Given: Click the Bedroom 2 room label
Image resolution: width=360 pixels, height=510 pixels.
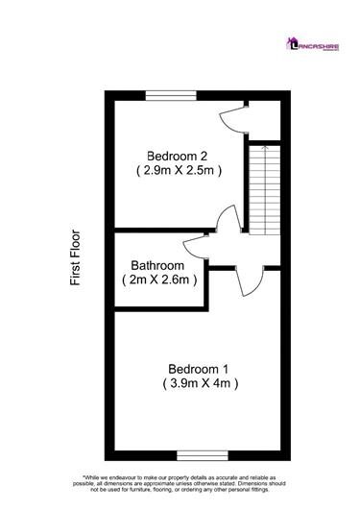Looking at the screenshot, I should pyautogui.click(x=178, y=156).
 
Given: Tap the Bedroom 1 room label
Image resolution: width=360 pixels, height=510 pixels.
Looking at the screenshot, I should pyautogui.click(x=199, y=368).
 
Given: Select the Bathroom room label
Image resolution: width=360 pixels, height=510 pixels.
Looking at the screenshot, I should pyautogui.click(x=158, y=265).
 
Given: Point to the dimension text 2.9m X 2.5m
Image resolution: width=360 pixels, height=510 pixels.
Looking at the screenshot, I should pyautogui.click(x=179, y=171).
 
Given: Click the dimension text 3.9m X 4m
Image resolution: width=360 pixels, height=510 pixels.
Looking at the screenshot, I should pyautogui.click(x=200, y=383).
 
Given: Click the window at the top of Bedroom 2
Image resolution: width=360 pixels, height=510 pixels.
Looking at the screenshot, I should pyautogui.click(x=171, y=93).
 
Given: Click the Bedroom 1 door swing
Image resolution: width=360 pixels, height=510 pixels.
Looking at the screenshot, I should pyautogui.click(x=246, y=279).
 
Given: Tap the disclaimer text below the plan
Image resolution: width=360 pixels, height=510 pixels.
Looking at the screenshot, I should pyautogui.click(x=180, y=485).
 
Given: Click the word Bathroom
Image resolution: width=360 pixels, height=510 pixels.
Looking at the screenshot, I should pyautogui.click(x=158, y=265).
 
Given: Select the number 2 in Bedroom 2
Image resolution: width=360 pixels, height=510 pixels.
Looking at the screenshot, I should pyautogui.click(x=204, y=156).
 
